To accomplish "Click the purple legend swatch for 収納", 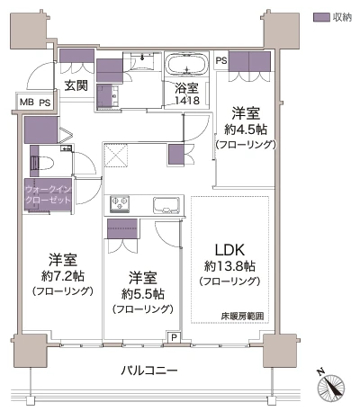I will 320,16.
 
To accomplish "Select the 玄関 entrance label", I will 76,87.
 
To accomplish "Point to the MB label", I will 27,103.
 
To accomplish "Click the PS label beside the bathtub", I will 221,60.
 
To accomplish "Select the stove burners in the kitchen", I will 121,201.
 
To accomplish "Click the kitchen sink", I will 166,202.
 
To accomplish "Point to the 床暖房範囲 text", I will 243,317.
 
